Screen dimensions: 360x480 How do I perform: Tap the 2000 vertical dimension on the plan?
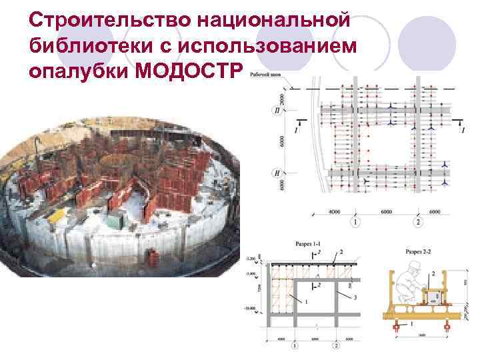coord(282,100)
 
